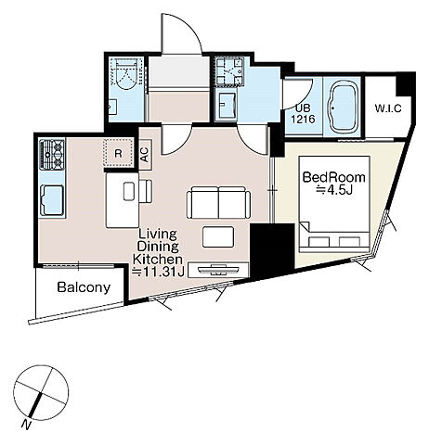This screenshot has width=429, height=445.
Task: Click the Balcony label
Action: (84, 287)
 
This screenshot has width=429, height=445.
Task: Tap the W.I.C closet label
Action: (388, 108)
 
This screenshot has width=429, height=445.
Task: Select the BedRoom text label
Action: (333, 178)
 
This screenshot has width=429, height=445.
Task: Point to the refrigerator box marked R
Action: (119, 153)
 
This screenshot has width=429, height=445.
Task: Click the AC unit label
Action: (145, 155)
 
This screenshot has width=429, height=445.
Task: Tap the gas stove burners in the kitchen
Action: (52, 155)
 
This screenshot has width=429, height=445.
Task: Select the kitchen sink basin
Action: (52, 200)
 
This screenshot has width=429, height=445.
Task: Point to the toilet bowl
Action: (126, 74)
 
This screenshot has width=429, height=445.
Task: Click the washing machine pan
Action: (229, 70)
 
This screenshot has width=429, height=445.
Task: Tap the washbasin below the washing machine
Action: (227, 105)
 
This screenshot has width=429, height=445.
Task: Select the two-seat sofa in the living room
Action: (219, 202)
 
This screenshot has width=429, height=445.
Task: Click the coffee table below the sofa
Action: (218, 237)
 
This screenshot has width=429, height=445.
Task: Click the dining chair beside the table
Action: (146, 191)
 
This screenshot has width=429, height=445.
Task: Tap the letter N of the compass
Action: (27, 426)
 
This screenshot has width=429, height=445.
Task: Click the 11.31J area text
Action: (159, 272)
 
